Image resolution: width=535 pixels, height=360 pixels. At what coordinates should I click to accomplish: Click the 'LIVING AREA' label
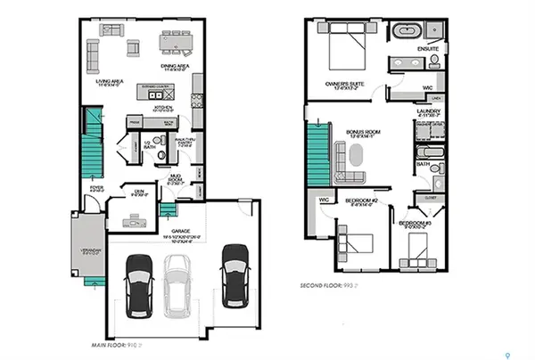tap(109, 83)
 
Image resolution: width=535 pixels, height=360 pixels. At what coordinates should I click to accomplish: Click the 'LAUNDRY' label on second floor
tap(430, 110)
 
